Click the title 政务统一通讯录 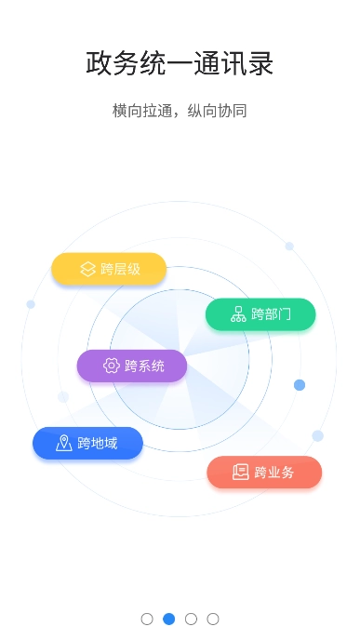180,64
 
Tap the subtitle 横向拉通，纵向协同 180,111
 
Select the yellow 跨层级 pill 109,269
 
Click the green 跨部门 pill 260,313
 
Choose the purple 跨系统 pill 132,366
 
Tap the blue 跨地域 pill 87,443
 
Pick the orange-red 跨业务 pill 264,472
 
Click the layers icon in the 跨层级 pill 87,269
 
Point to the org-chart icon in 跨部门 237,313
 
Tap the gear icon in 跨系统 111,366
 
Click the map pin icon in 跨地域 63,443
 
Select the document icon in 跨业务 241,472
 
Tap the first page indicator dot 147,619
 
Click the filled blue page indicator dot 169,619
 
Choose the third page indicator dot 191,619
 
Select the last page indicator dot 213,619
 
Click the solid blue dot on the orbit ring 300,385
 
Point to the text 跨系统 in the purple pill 144,366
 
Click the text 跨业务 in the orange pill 274,472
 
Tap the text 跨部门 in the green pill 271,313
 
